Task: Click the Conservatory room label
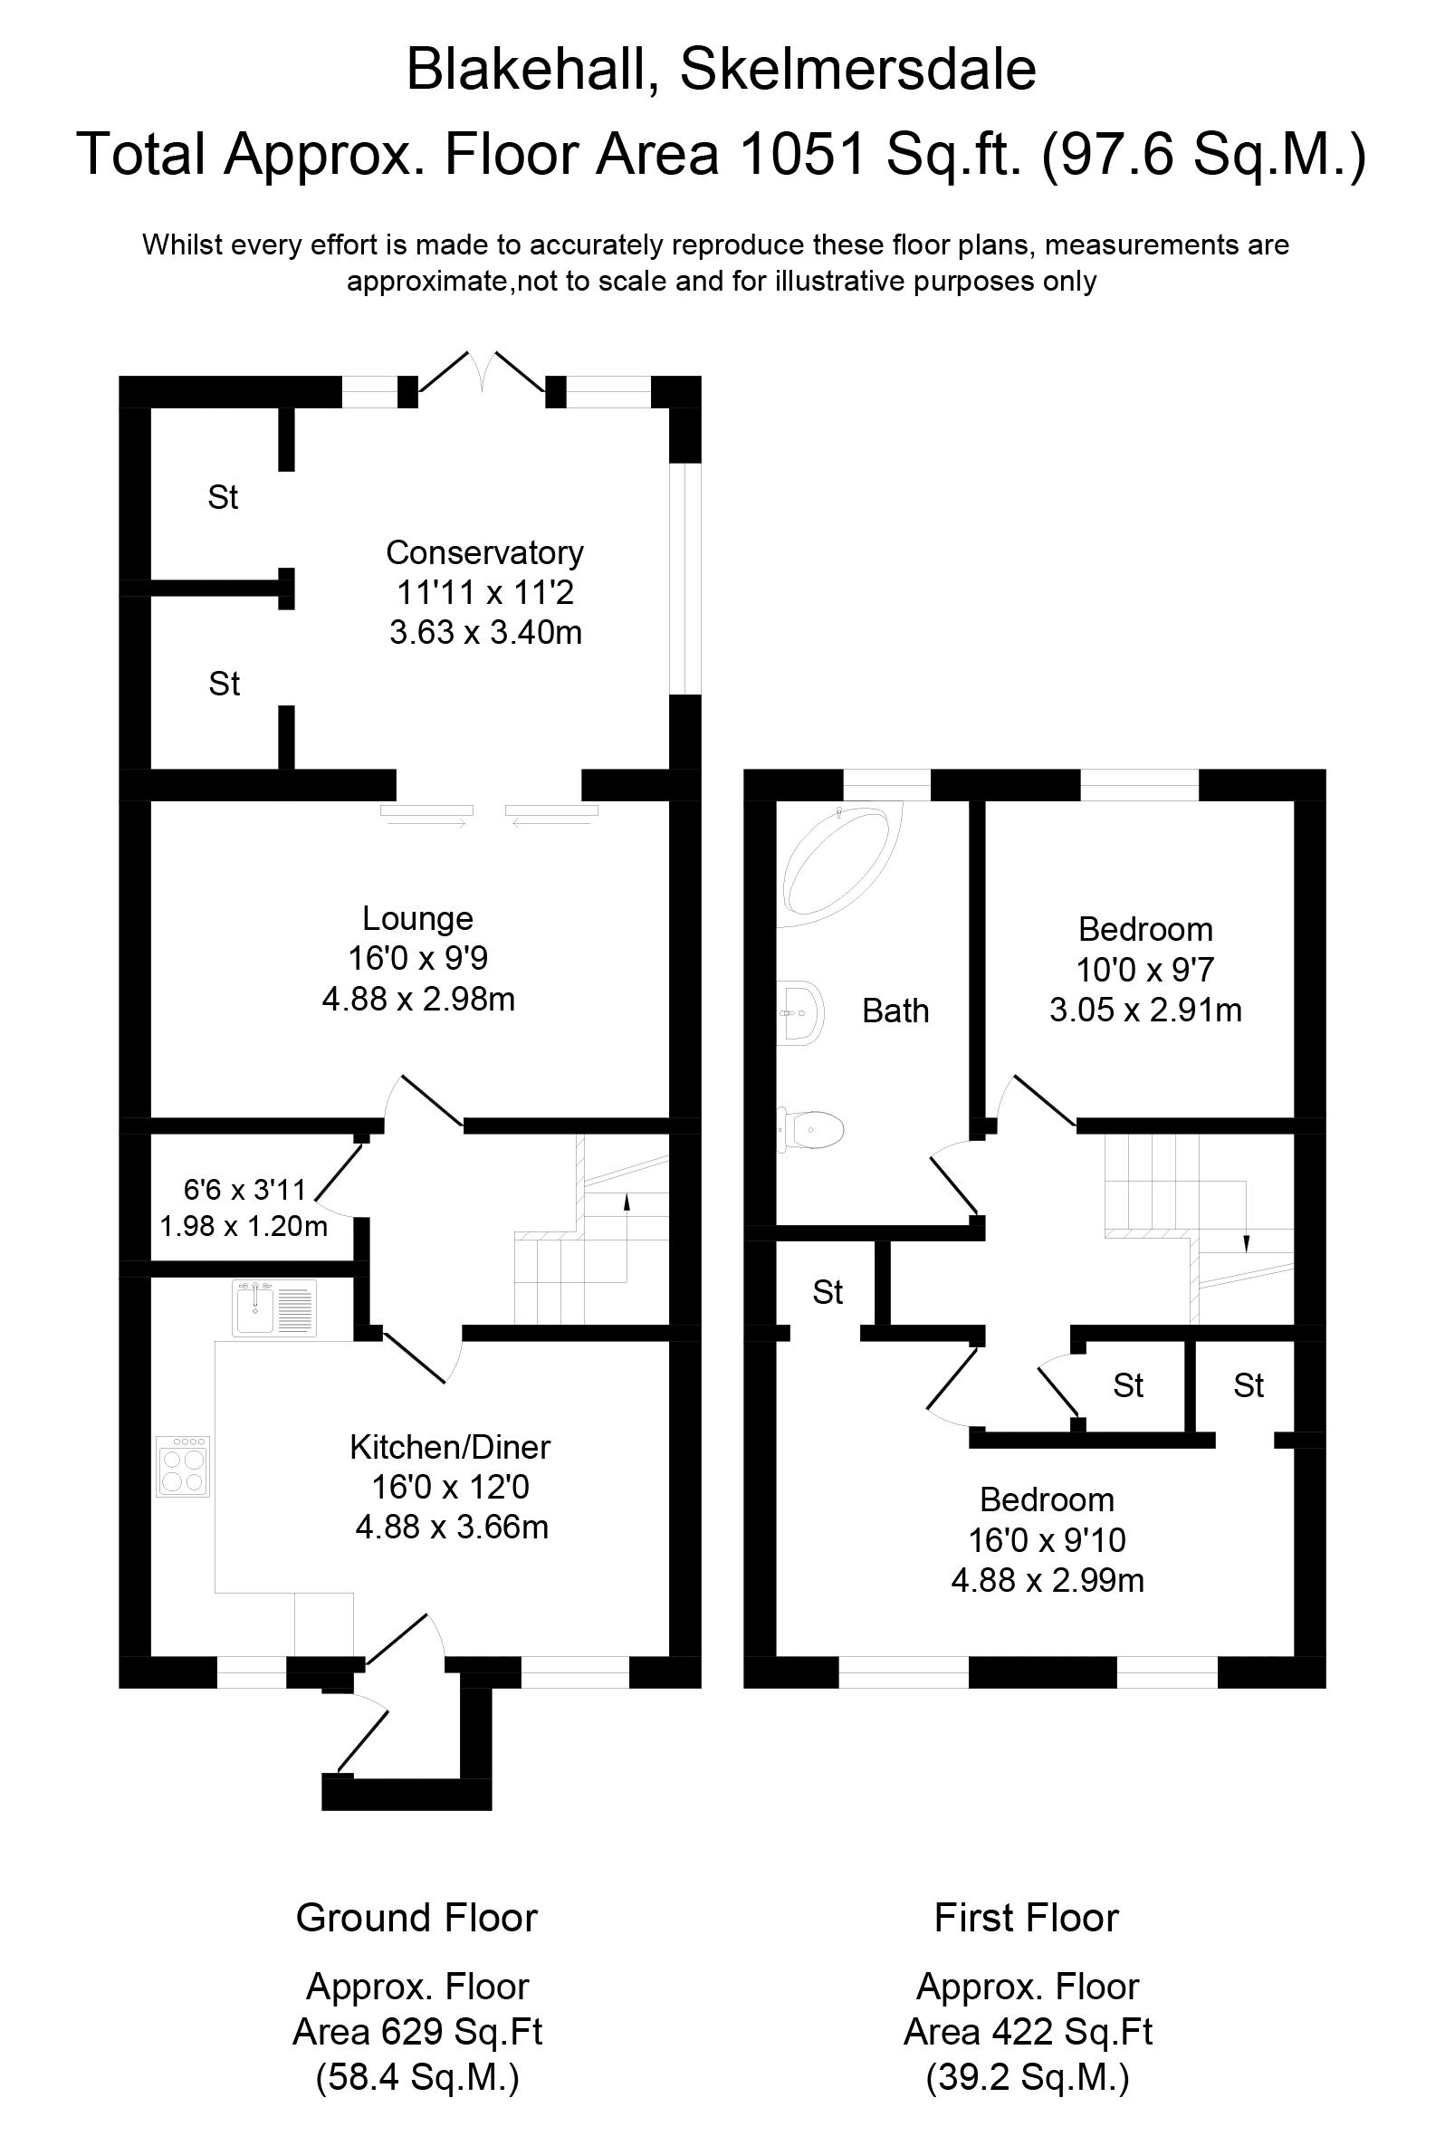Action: [x=484, y=552]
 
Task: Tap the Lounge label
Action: [x=417, y=918]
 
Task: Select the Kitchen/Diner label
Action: [x=449, y=1447]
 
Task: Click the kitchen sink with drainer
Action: [x=274, y=1307]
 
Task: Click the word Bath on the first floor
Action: [x=895, y=1011]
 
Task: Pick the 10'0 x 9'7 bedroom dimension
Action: [x=1144, y=970]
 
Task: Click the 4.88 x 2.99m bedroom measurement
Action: [x=1047, y=1580]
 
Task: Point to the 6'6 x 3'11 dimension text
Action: [x=244, y=1191]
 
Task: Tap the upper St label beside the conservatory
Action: [x=224, y=497]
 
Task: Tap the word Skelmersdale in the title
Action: [x=857, y=70]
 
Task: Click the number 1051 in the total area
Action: [x=801, y=154]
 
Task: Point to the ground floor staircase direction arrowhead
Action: [x=627, y=1200]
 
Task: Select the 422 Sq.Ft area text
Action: [x=1028, y=2031]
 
